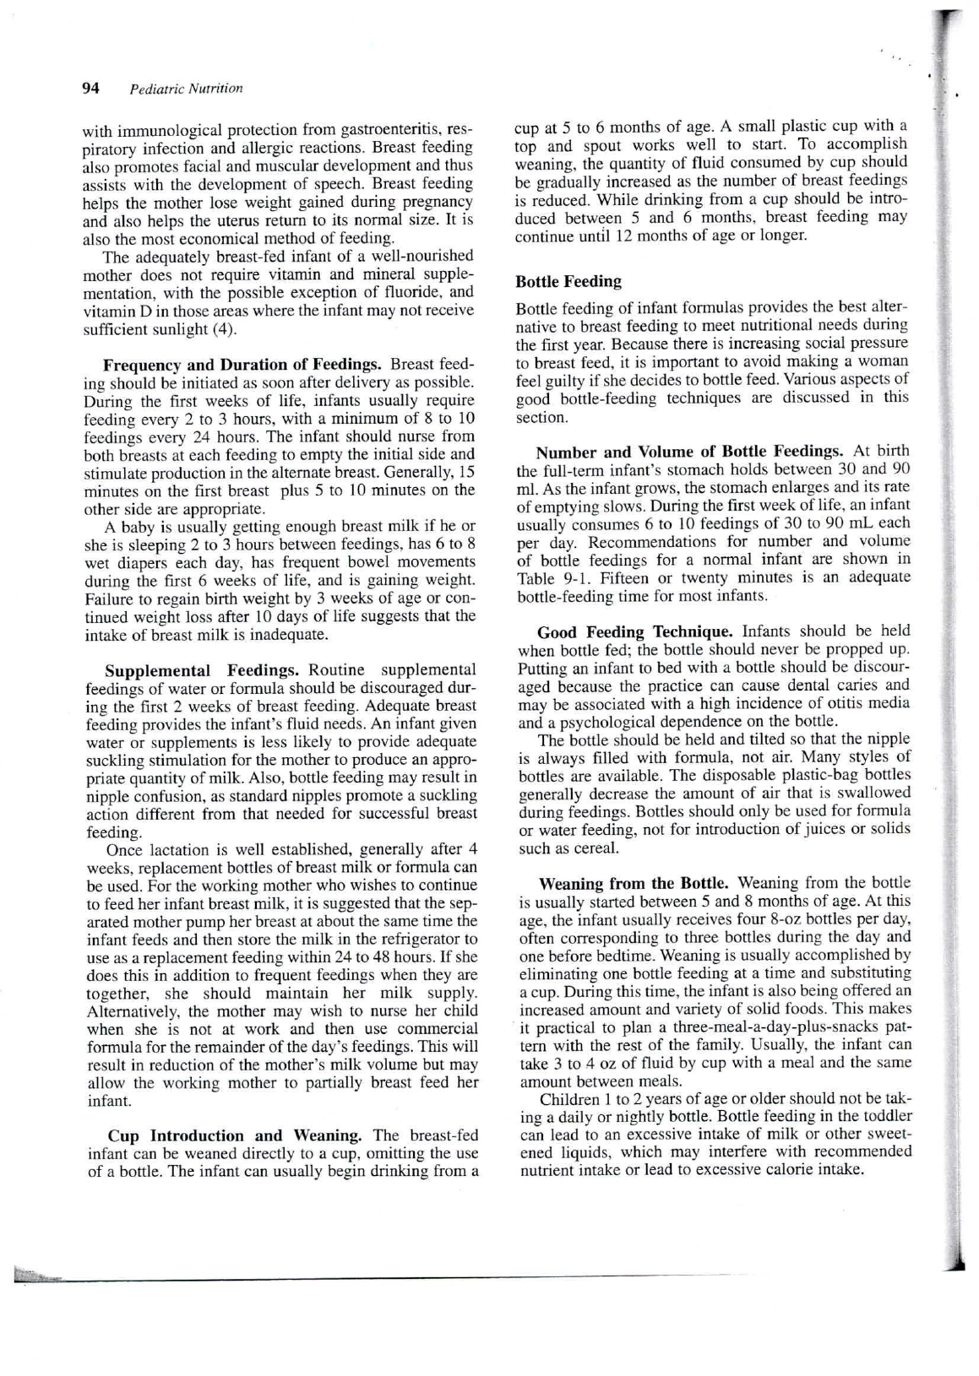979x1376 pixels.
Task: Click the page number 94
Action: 91,89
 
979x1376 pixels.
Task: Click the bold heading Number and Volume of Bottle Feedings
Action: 689,451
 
